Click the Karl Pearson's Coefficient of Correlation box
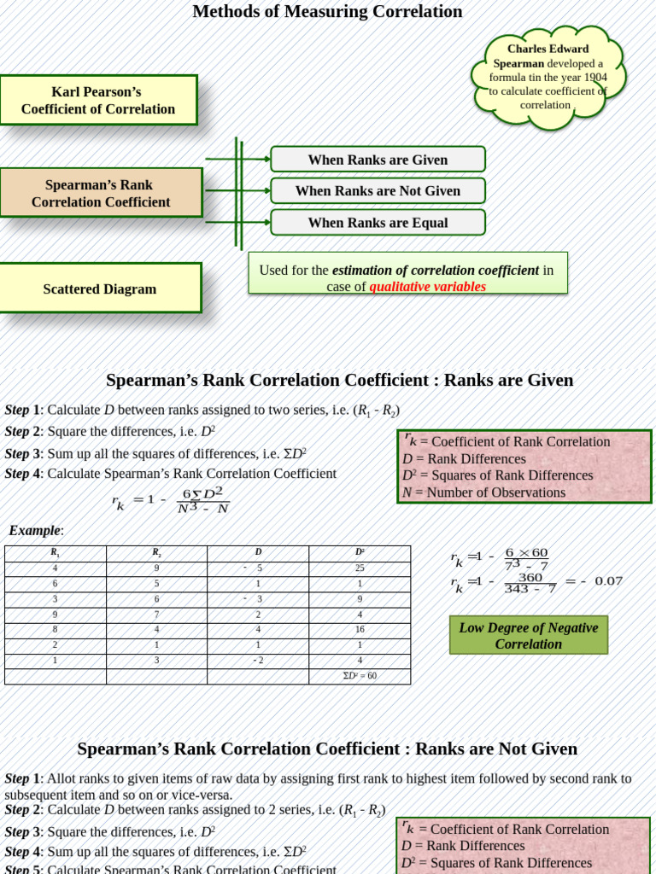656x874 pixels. (98, 100)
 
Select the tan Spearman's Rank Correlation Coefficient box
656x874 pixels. (101, 193)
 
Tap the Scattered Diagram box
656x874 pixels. (100, 288)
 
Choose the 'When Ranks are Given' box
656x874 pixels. (378, 160)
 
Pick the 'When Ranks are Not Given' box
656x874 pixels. (378, 191)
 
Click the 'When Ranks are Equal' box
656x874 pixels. (378, 223)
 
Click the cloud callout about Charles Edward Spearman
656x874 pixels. (549, 77)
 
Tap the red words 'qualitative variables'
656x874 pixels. (427, 287)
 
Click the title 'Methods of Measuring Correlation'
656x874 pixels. (327, 12)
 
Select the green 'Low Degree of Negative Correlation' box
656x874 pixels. (528, 636)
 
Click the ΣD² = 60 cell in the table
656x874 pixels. (359, 676)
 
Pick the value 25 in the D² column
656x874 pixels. (360, 568)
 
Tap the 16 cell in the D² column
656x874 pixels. (360, 629)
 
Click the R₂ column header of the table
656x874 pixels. (156, 553)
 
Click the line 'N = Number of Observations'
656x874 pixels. (483, 492)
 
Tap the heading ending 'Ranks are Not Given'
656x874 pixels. (327, 749)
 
